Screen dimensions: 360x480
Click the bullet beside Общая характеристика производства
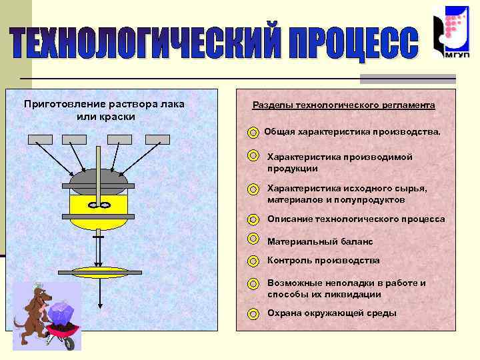(x=253, y=133)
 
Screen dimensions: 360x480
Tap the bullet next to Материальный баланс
(x=253, y=239)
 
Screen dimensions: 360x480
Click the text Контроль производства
(x=323, y=260)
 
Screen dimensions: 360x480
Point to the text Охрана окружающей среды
(x=331, y=313)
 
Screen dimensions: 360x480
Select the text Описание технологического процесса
(x=355, y=219)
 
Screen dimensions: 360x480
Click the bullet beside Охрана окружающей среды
(x=253, y=313)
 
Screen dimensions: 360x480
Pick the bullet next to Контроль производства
(x=253, y=261)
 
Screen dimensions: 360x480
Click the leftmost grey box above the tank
(x=40, y=139)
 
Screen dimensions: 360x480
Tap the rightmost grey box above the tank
(x=157, y=139)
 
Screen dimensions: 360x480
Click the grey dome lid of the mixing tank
(x=98, y=180)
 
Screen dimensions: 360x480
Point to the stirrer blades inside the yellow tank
(x=99, y=205)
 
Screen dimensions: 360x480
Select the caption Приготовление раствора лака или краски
(x=104, y=110)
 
